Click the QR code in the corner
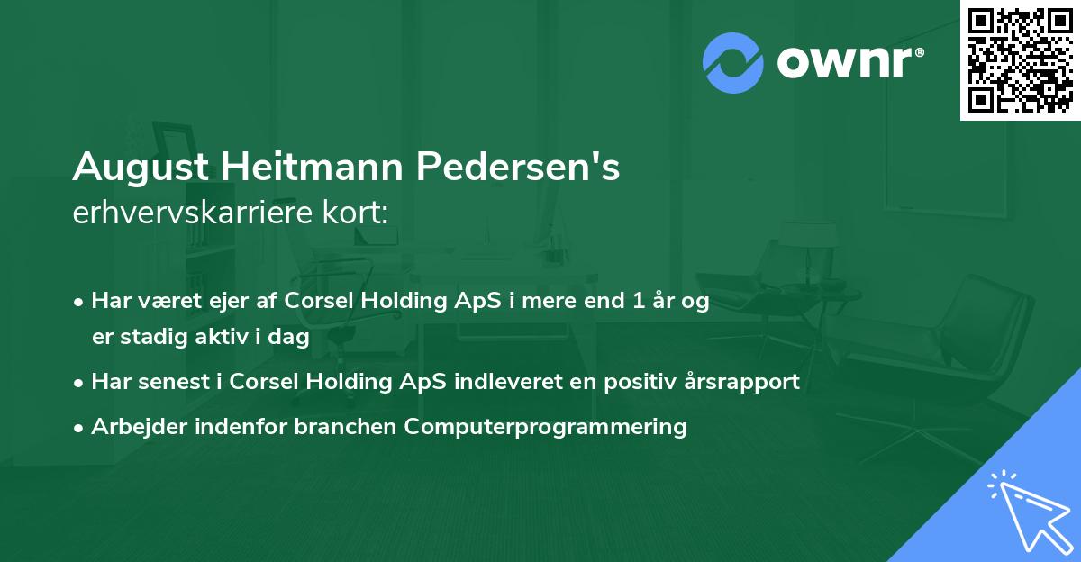pyautogui.click(x=1020, y=59)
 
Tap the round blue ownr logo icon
pyautogui.click(x=733, y=63)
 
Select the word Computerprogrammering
pyautogui.click(x=546, y=426)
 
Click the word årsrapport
pyautogui.click(x=739, y=381)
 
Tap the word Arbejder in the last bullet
pyautogui.click(x=132, y=426)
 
